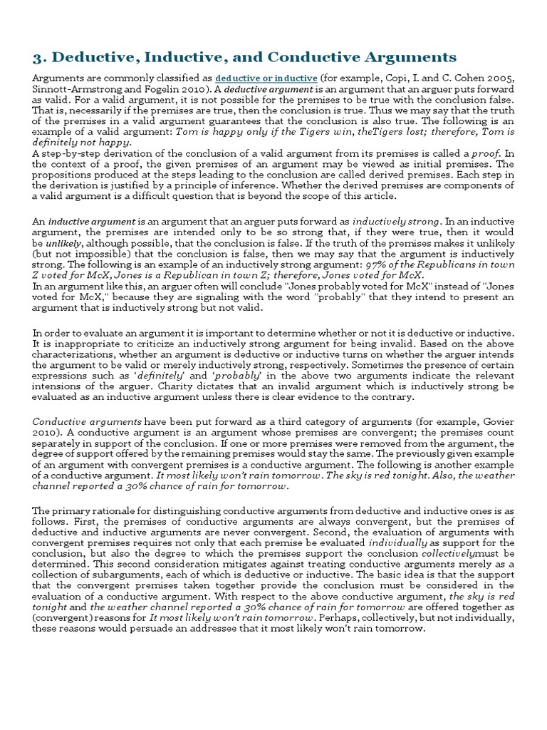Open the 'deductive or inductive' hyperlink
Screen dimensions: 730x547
click(266, 77)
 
